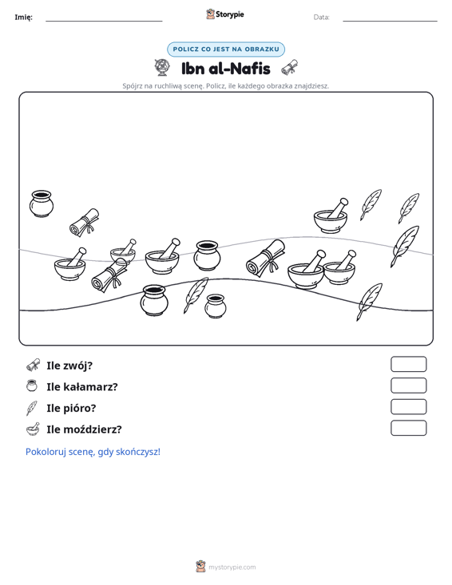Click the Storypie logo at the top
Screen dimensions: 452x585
224,14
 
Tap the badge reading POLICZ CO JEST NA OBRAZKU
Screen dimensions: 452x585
226,49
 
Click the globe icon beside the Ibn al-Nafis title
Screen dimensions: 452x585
162,68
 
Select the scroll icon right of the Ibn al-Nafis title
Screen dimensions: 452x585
290,68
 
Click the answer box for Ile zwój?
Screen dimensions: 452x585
408,364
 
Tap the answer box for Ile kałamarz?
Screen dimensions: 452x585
408,385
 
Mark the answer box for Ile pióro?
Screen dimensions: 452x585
408,407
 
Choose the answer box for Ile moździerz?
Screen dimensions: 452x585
408,428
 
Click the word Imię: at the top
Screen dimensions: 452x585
23,18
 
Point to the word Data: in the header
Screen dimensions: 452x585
321,18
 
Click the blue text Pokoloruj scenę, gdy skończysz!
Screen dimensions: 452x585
93,452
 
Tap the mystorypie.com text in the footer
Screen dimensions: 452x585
232,567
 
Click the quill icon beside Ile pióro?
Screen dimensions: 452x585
32,408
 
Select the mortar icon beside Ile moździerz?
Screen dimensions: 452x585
33,429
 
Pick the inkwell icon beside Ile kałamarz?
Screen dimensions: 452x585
32,385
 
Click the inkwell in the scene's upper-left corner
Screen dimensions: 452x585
42,204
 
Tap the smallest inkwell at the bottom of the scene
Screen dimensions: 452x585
216,306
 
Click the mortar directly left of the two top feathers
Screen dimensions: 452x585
331,216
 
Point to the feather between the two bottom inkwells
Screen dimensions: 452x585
196,295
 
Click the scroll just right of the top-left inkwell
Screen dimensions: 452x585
85,223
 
